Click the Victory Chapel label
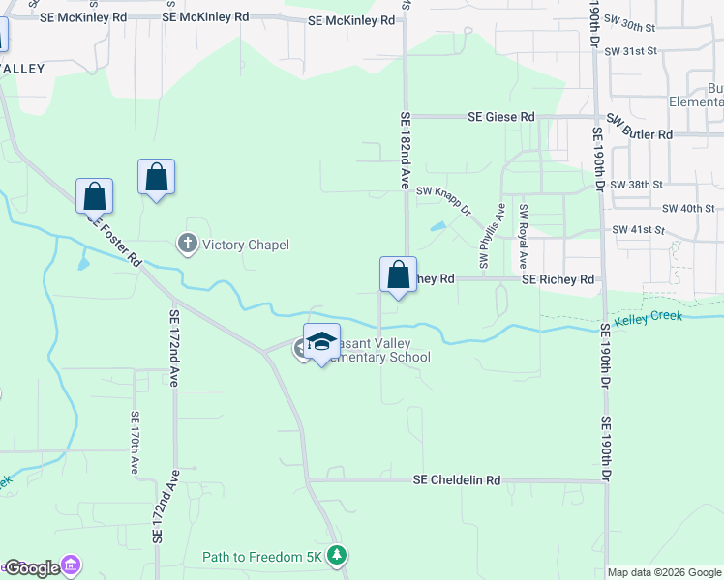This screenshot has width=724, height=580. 245,245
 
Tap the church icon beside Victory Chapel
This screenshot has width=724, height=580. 188,245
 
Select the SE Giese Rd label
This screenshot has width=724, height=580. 500,116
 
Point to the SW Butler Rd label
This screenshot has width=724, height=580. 639,133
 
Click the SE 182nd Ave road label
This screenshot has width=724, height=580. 406,150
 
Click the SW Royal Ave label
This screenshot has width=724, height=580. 523,237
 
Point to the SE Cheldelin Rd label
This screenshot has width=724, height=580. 457,479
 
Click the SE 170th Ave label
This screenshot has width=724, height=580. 135,441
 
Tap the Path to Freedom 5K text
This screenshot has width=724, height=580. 264,556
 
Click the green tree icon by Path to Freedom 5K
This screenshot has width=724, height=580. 336,555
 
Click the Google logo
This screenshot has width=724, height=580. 32,567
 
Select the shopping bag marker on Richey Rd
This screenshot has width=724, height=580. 398,276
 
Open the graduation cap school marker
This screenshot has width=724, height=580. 321,344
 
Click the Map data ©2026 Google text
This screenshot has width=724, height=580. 664,572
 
